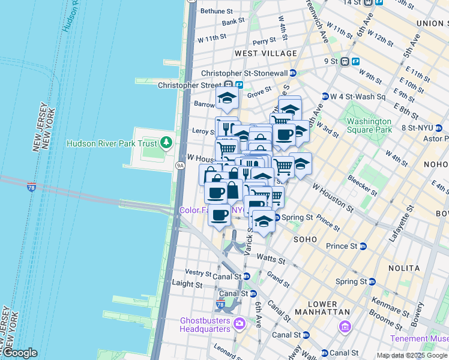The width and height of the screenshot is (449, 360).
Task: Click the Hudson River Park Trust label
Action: [111, 143]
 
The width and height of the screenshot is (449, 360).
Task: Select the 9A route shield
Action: [179, 164]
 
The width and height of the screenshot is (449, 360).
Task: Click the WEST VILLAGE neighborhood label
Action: [266, 53]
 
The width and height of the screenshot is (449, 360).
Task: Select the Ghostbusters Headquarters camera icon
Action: [240, 325]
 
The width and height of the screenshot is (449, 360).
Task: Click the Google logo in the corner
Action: [20, 353]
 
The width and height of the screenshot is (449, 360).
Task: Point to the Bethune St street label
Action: [216, 11]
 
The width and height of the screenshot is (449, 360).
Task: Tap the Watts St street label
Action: [270, 259]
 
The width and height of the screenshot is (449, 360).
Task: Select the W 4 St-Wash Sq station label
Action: [357, 96]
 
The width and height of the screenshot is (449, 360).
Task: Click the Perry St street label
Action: [264, 41]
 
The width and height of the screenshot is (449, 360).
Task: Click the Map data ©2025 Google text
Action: [412, 355]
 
